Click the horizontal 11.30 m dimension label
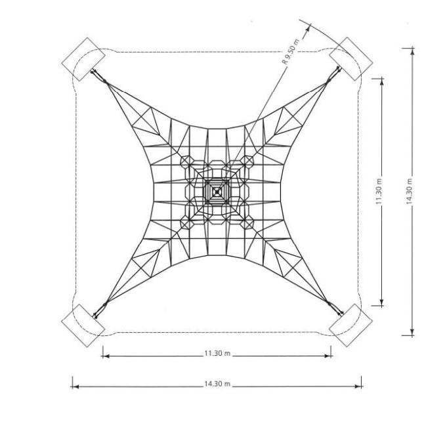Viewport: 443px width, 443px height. (217, 354)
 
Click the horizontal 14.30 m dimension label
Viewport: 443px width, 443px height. (217, 384)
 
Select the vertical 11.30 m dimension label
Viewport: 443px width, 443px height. (379, 191)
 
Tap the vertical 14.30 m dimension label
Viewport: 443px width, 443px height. (410, 191)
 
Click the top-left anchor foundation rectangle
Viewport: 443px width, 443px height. (83, 59)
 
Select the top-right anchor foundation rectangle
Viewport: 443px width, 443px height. (351, 59)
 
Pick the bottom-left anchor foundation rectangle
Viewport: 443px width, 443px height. (83, 325)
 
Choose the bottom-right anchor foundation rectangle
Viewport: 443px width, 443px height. (350, 325)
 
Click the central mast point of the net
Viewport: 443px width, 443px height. (217, 192)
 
